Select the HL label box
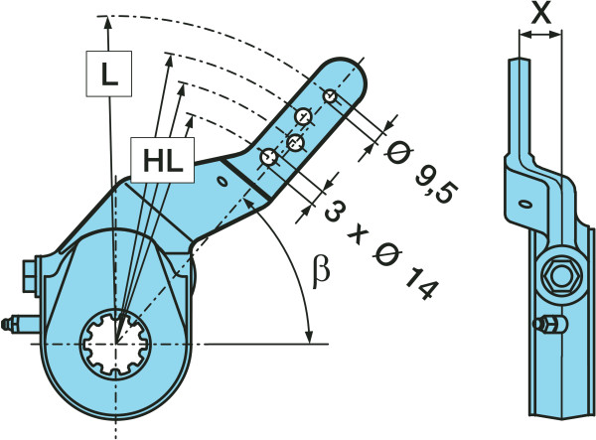(161, 162)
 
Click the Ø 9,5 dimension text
(417, 170)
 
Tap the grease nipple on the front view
(16, 325)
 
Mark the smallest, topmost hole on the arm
(330, 95)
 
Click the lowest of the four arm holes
(266, 157)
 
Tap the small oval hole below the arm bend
(223, 181)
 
